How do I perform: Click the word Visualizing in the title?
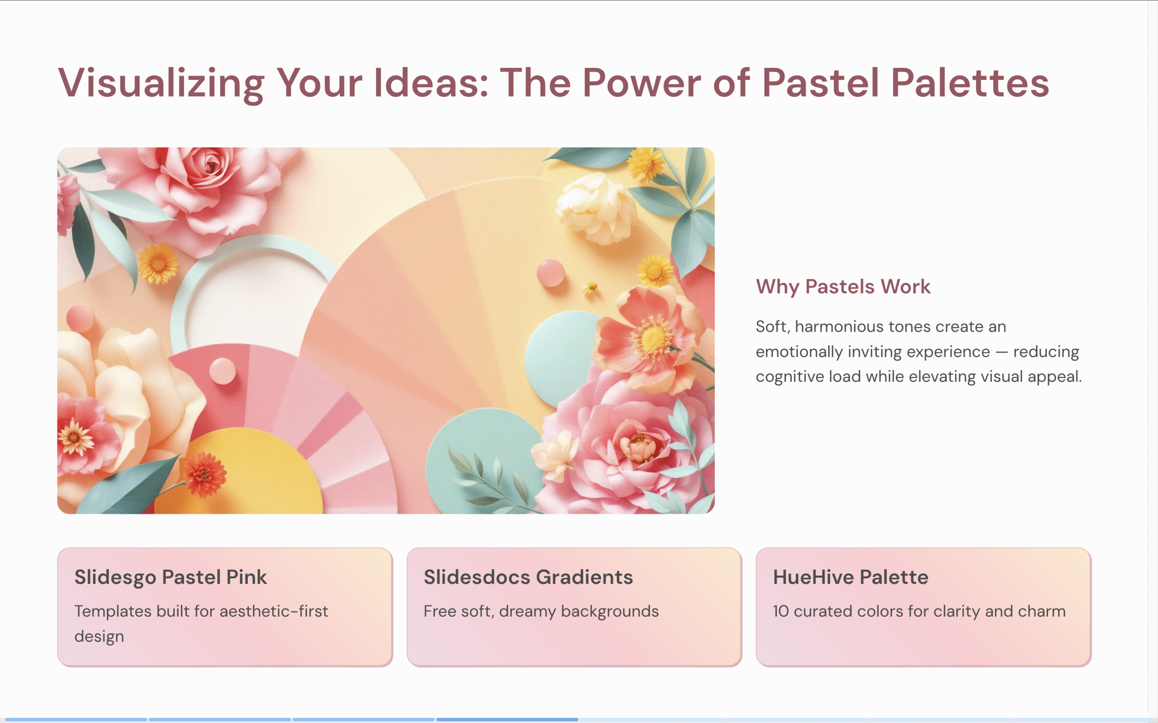click(161, 83)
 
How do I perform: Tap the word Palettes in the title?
click(970, 83)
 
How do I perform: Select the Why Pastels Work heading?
click(843, 287)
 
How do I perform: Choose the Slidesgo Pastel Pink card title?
click(171, 577)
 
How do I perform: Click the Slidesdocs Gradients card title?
click(528, 577)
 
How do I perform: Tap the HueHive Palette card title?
click(851, 577)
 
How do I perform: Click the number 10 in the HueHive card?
click(780, 611)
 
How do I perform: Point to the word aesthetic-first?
click(274, 611)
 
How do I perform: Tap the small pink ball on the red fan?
click(223, 371)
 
